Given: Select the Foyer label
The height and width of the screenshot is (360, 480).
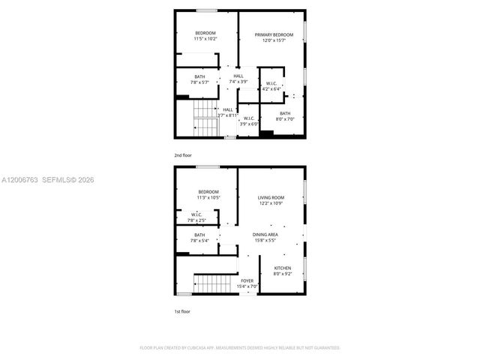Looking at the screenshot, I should tap(247, 283).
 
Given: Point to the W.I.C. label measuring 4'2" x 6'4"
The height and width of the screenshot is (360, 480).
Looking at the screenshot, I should tap(271, 86).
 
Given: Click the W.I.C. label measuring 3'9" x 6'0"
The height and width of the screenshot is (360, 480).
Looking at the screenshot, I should tap(248, 120).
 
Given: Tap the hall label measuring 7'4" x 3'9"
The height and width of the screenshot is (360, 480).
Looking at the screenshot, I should tap(238, 79).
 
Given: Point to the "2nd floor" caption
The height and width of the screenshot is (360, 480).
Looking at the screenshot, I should tap(183, 154).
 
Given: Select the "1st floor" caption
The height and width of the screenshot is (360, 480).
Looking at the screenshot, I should tap(182, 310).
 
